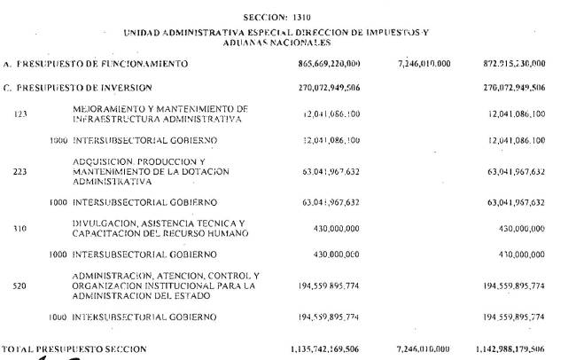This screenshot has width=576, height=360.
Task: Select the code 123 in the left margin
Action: (21, 114)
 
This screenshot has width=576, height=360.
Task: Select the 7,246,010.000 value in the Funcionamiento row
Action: (424, 64)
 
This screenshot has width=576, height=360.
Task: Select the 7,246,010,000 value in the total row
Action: (424, 349)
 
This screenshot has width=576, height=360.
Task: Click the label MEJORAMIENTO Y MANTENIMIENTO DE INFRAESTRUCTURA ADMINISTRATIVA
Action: (160, 113)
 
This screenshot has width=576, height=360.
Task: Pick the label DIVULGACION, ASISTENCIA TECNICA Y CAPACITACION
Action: (159, 228)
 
